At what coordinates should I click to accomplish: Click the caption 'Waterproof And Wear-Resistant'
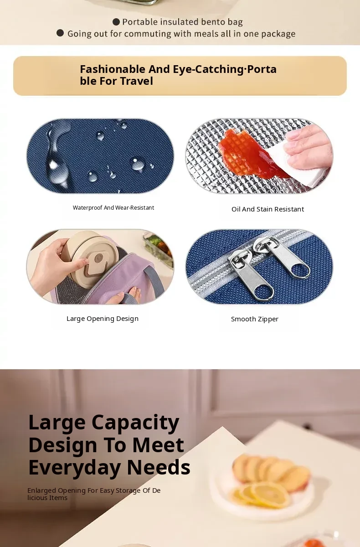pos(113,208)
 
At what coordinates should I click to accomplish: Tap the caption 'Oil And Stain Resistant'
pos(268,209)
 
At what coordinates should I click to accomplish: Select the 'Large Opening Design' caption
pos(103,319)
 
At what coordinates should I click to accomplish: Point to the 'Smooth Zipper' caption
pos(255,319)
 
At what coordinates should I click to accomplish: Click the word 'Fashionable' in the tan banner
pos(113,69)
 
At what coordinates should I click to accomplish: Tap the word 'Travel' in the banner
pos(136,81)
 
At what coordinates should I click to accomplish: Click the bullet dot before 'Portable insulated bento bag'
pos(116,22)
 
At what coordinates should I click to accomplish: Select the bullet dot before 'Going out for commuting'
pos(60,33)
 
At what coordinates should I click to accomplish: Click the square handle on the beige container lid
pos(99,262)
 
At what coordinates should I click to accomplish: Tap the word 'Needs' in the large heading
pos(159,467)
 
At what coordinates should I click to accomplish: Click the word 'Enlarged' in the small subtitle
pos(42,491)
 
